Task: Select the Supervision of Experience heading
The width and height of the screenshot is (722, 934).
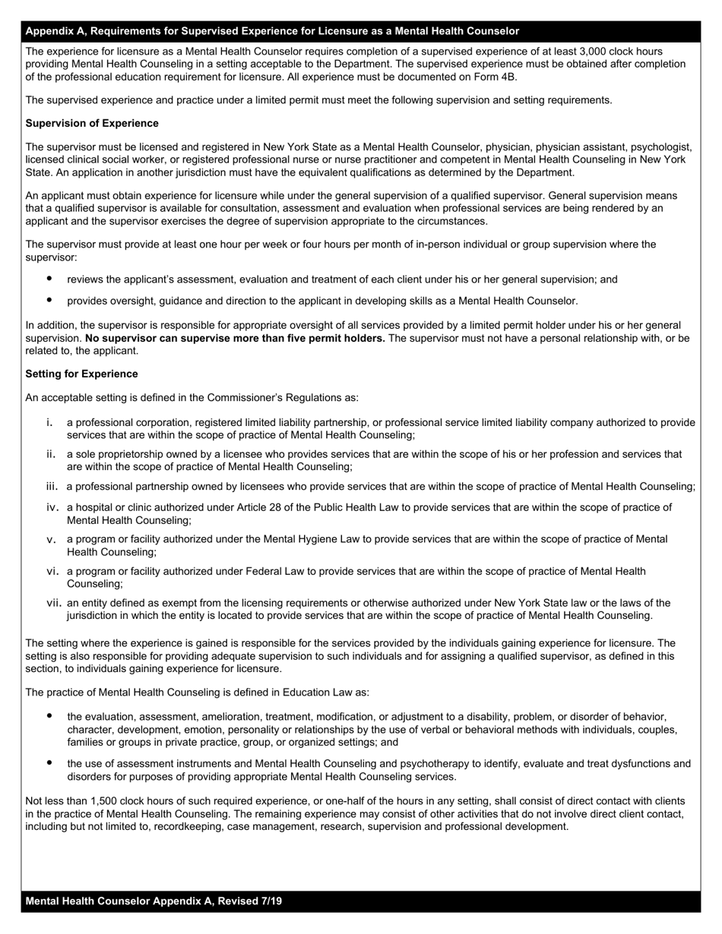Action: tap(92, 123)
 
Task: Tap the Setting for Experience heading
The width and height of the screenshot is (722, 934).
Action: tap(81, 374)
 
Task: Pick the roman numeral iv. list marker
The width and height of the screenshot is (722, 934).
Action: tap(52, 507)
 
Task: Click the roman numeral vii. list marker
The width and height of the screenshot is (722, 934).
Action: tap(54, 603)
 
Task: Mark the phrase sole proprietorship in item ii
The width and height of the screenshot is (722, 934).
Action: tap(116, 454)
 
